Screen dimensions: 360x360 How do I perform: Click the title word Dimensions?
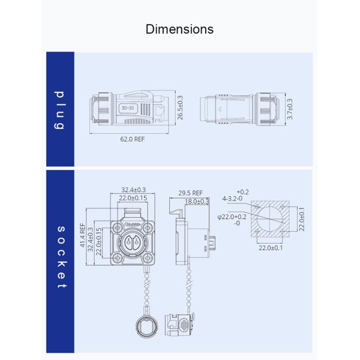[x=179, y=29]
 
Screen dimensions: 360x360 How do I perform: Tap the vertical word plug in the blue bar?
[x=60, y=110]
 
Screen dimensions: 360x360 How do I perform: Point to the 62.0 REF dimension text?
[x=132, y=139]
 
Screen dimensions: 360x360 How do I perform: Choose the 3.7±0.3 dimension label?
[x=290, y=109]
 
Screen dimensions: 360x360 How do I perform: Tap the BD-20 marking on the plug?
[x=127, y=109]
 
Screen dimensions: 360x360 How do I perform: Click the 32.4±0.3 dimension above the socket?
[x=133, y=190]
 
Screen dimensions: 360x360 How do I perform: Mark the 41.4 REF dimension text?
[x=83, y=237]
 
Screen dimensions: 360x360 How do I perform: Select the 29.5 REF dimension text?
[x=190, y=193]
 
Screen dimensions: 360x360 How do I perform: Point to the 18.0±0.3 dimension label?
[x=196, y=202]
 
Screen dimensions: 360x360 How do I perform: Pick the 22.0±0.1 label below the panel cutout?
[x=271, y=247]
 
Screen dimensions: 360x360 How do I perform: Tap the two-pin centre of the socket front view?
[x=133, y=243]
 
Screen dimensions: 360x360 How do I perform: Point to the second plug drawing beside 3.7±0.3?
[x=241, y=110]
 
